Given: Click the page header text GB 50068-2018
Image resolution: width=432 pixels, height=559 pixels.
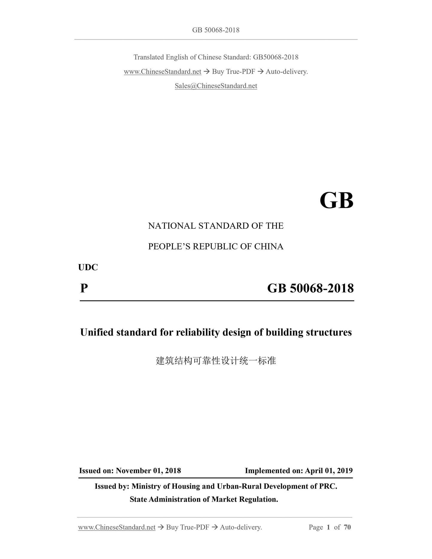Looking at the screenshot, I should click(x=216, y=30).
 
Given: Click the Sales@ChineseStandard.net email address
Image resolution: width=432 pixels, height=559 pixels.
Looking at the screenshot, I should click(x=216, y=86).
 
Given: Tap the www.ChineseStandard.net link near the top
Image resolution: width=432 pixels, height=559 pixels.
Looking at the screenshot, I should click(x=162, y=72).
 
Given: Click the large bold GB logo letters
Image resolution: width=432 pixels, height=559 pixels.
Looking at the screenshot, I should click(x=336, y=201).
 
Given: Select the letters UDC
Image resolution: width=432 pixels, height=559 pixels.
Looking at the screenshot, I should click(x=88, y=267).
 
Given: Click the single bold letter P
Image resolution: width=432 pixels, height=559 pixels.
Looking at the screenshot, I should click(x=84, y=288).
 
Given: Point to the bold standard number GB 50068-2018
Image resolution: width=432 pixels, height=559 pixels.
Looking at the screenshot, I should click(x=310, y=288).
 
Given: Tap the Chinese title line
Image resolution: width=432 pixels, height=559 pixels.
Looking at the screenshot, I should click(x=216, y=361).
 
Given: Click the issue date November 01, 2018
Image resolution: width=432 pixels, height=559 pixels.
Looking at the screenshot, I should click(x=148, y=471).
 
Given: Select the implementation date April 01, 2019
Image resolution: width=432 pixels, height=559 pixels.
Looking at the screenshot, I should click(x=329, y=471).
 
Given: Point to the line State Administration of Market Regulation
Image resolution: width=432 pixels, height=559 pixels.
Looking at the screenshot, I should click(x=204, y=500).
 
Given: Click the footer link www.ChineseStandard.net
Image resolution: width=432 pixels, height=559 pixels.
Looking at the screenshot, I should click(x=117, y=527).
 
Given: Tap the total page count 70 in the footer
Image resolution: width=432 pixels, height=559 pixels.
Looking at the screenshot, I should click(x=347, y=527).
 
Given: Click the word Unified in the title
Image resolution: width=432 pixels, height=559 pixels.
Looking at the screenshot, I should click(x=97, y=332).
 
